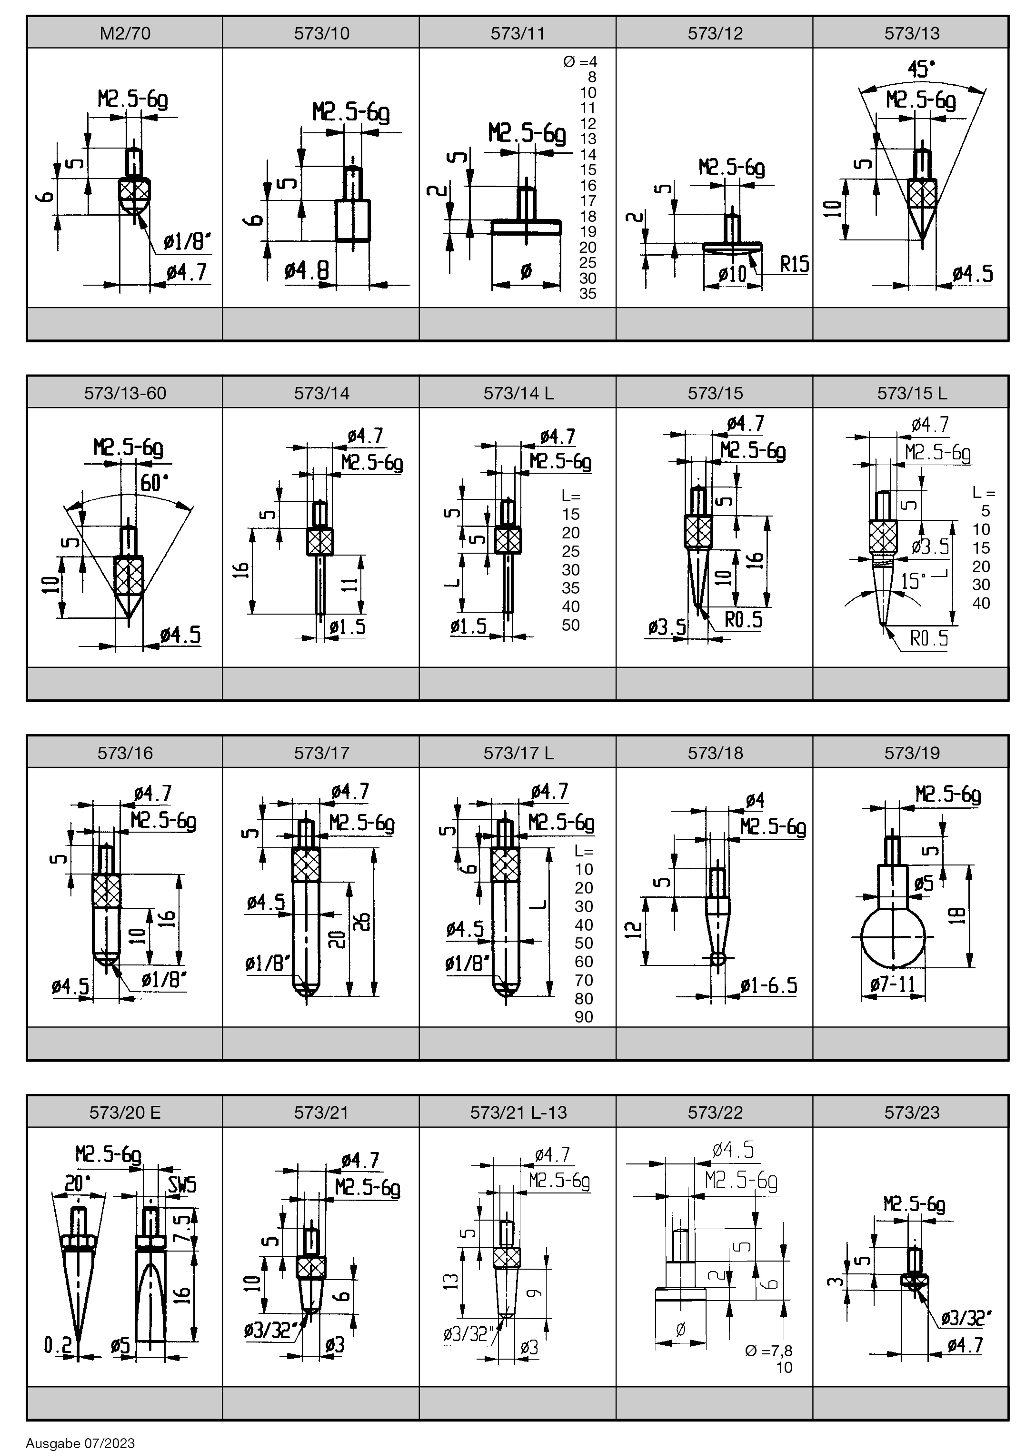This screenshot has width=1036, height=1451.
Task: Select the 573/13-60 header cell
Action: tap(125, 393)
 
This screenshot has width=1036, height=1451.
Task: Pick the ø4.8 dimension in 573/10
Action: tap(306, 271)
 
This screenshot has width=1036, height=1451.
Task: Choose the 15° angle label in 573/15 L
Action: tap(913, 581)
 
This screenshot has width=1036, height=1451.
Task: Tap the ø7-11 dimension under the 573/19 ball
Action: tap(893, 985)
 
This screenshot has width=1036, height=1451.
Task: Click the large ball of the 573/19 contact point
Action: tap(893, 937)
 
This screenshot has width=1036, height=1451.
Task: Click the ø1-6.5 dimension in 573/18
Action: tap(769, 985)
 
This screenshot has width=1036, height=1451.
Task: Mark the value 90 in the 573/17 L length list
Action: tap(584, 1017)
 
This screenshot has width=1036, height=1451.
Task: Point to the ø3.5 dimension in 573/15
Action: tap(667, 627)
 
